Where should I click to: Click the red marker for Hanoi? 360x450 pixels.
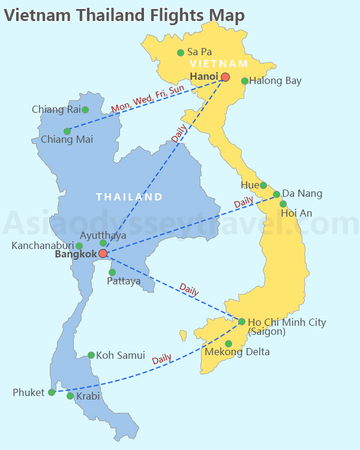click(225, 77)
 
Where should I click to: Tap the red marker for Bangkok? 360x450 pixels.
click(103, 254)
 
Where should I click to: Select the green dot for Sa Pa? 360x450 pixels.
click(181, 53)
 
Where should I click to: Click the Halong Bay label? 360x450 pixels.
click(275, 81)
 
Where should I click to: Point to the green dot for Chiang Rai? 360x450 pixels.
click(85, 110)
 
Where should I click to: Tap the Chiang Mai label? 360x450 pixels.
click(67, 140)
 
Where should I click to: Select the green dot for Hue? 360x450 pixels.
click(263, 185)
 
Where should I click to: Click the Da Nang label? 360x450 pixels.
click(302, 194)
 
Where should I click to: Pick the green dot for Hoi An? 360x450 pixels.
click(283, 204)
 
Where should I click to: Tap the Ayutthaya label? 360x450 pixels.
click(103, 235)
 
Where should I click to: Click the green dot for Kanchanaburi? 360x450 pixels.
click(79, 246)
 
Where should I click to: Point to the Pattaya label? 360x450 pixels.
click(124, 281)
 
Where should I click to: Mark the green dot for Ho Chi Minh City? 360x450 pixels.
click(242, 322)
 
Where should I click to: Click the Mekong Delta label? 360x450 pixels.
click(237, 352)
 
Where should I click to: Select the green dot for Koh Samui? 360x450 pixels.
click(91, 355)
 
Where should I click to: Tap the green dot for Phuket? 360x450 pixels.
click(52, 392)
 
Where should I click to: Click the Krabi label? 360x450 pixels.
click(88, 397)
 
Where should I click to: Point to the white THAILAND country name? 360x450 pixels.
click(130, 197)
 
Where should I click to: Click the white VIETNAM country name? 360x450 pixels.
click(218, 64)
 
